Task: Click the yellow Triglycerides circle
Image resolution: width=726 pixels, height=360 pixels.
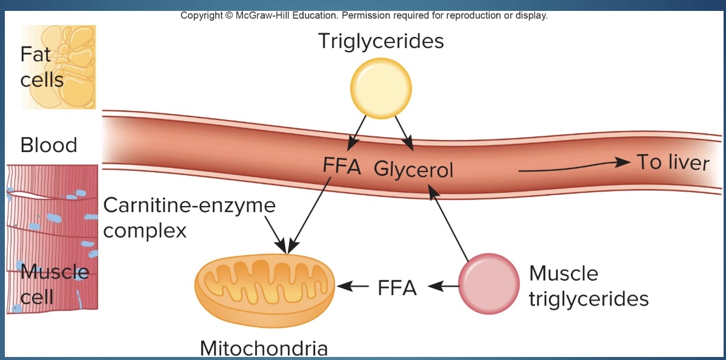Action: click(381, 87)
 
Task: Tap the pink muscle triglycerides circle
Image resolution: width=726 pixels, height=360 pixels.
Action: click(488, 284)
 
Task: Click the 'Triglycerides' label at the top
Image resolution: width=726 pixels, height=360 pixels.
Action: click(381, 41)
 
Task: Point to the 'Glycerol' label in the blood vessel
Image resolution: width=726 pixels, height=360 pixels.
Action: click(413, 170)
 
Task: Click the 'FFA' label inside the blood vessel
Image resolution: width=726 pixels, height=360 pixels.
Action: click(342, 167)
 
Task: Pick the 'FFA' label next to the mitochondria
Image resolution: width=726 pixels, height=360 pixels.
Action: click(397, 287)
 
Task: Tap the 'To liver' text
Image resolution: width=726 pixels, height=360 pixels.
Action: click(672, 162)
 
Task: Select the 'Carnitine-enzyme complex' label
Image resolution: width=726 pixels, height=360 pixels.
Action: click(189, 217)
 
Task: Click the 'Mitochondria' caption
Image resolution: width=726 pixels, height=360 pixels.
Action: click(264, 348)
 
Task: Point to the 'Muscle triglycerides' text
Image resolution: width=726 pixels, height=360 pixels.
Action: click(588, 285)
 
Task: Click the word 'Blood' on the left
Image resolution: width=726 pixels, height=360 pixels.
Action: click(48, 145)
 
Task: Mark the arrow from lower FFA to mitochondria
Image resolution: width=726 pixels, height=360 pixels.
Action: click(353, 285)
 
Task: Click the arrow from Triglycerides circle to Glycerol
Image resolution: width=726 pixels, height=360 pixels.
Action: click(404, 133)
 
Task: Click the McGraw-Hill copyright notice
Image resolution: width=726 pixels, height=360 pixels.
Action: click(364, 15)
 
